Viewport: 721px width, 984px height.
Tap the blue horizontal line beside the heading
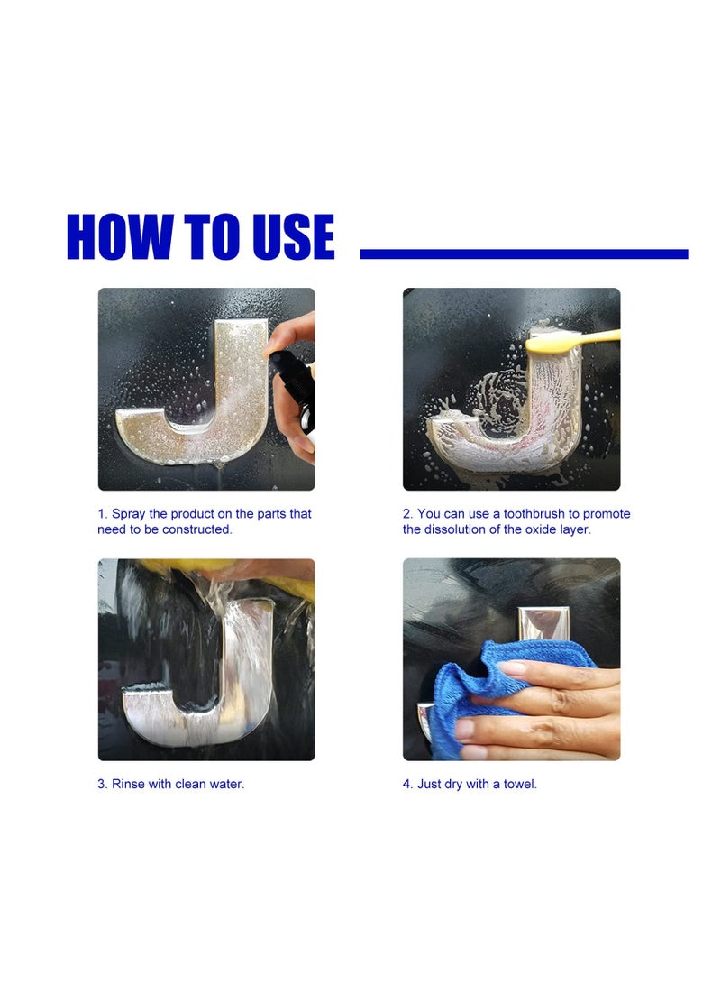tap(525, 254)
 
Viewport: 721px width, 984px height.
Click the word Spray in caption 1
tap(129, 515)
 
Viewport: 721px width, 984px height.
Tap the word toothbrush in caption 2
tap(534, 514)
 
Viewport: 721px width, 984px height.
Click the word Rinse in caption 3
tap(128, 784)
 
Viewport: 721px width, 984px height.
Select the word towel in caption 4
tap(520, 784)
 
